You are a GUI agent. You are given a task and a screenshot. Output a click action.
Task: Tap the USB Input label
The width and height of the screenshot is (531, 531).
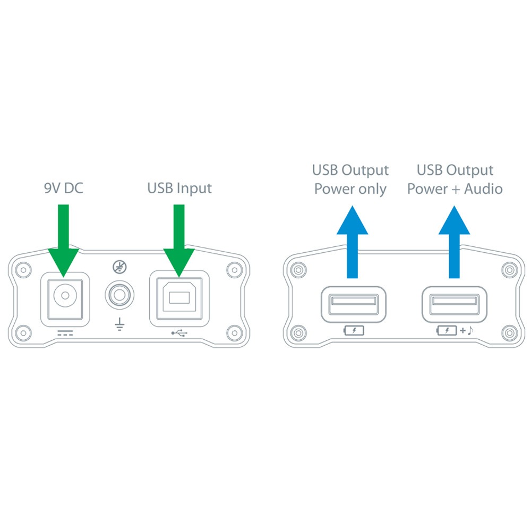[179, 188]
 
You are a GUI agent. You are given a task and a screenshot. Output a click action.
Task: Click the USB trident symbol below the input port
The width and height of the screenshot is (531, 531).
[179, 333]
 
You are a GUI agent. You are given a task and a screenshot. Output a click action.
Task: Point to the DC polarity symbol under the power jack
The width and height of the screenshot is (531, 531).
[65, 333]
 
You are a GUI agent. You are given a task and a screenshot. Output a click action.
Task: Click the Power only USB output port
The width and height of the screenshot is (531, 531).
[353, 304]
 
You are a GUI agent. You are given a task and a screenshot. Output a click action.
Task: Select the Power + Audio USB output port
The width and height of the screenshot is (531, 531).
[454, 304]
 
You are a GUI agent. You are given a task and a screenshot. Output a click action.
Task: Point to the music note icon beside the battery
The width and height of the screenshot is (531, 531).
[470, 331]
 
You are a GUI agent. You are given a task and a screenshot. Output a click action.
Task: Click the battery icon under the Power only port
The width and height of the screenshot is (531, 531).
[354, 331]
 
